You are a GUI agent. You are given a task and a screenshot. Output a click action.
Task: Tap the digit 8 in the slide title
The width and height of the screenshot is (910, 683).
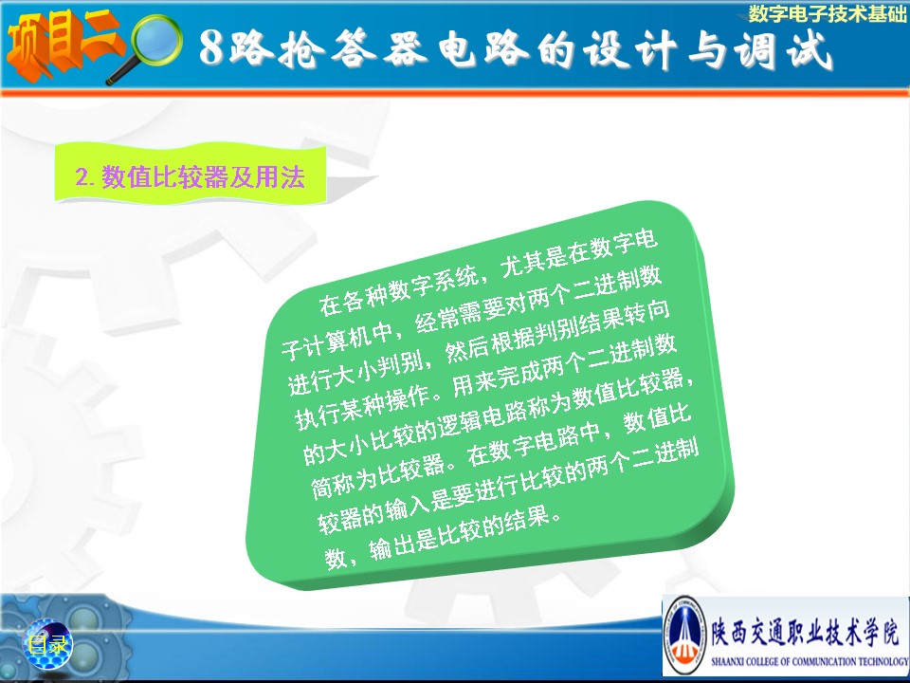point(211,47)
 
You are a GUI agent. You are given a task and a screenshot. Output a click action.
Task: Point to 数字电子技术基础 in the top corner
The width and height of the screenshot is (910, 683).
point(827,13)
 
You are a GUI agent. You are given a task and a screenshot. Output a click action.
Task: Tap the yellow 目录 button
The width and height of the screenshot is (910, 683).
point(47,644)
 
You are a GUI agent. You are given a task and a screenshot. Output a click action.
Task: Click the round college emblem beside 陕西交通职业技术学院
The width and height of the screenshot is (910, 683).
point(684,635)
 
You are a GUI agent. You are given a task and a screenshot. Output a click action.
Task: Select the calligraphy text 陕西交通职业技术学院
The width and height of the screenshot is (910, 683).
point(807,631)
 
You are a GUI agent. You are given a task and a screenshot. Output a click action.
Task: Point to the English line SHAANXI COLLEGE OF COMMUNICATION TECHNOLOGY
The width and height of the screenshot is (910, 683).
point(810,661)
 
